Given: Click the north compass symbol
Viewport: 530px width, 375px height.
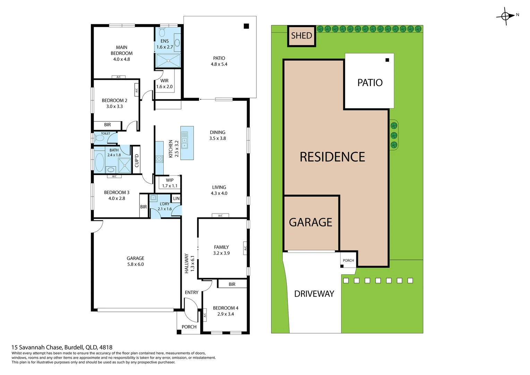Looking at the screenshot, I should click(506, 16).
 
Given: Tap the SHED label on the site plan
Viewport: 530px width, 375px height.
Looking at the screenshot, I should click(301, 36).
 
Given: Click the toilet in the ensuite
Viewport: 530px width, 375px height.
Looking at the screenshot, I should click(162, 32).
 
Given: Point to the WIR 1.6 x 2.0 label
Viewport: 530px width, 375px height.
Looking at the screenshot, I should click(164, 84).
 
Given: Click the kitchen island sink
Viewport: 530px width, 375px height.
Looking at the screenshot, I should click(185, 140).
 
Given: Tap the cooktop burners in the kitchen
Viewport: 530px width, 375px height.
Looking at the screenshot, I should click(159, 159).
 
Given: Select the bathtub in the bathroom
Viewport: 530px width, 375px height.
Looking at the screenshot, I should click(100, 162).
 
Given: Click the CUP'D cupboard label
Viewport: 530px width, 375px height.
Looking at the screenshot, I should click(136, 160).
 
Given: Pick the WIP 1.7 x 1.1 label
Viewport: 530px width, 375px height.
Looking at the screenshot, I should click(170, 183).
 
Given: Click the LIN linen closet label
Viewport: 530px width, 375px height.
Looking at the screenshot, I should click(176, 199).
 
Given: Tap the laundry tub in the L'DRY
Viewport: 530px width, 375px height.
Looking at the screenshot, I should click(153, 198).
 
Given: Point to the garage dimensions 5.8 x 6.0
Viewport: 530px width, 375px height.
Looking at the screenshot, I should click(135, 264).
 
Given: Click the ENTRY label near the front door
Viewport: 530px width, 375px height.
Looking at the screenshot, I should click(191, 293).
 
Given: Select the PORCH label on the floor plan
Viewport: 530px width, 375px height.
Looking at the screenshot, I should click(189, 327).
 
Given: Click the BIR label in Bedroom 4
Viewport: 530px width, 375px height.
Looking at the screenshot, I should click(232, 284).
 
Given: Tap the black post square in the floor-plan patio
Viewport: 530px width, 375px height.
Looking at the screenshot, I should click(246, 26).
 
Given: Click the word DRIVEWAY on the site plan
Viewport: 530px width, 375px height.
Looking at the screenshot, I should click(314, 294).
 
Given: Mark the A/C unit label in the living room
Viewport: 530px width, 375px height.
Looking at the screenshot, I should click(220, 216).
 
